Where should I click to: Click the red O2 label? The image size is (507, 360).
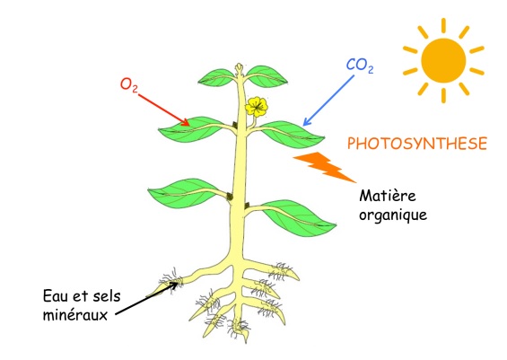(x=129, y=85)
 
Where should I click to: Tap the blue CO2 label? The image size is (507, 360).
(x=360, y=66)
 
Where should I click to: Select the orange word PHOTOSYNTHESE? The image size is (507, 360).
(x=417, y=144)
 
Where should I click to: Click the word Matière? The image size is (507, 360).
(x=388, y=196)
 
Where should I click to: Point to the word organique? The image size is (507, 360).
(x=393, y=215)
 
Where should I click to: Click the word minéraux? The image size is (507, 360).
(x=75, y=314)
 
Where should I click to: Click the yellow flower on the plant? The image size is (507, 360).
(x=257, y=107)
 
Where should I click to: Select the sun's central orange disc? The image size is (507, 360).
(x=443, y=60)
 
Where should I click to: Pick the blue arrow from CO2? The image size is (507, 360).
(x=328, y=101)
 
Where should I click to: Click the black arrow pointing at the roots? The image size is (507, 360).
(x=146, y=298)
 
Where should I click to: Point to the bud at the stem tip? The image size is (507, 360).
(x=239, y=69)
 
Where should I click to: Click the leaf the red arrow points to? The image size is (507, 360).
(x=191, y=129)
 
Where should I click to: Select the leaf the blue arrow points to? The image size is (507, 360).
(x=291, y=136)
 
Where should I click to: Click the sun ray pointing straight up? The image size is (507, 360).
(x=443, y=25)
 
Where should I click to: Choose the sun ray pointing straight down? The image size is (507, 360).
(x=443, y=96)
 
